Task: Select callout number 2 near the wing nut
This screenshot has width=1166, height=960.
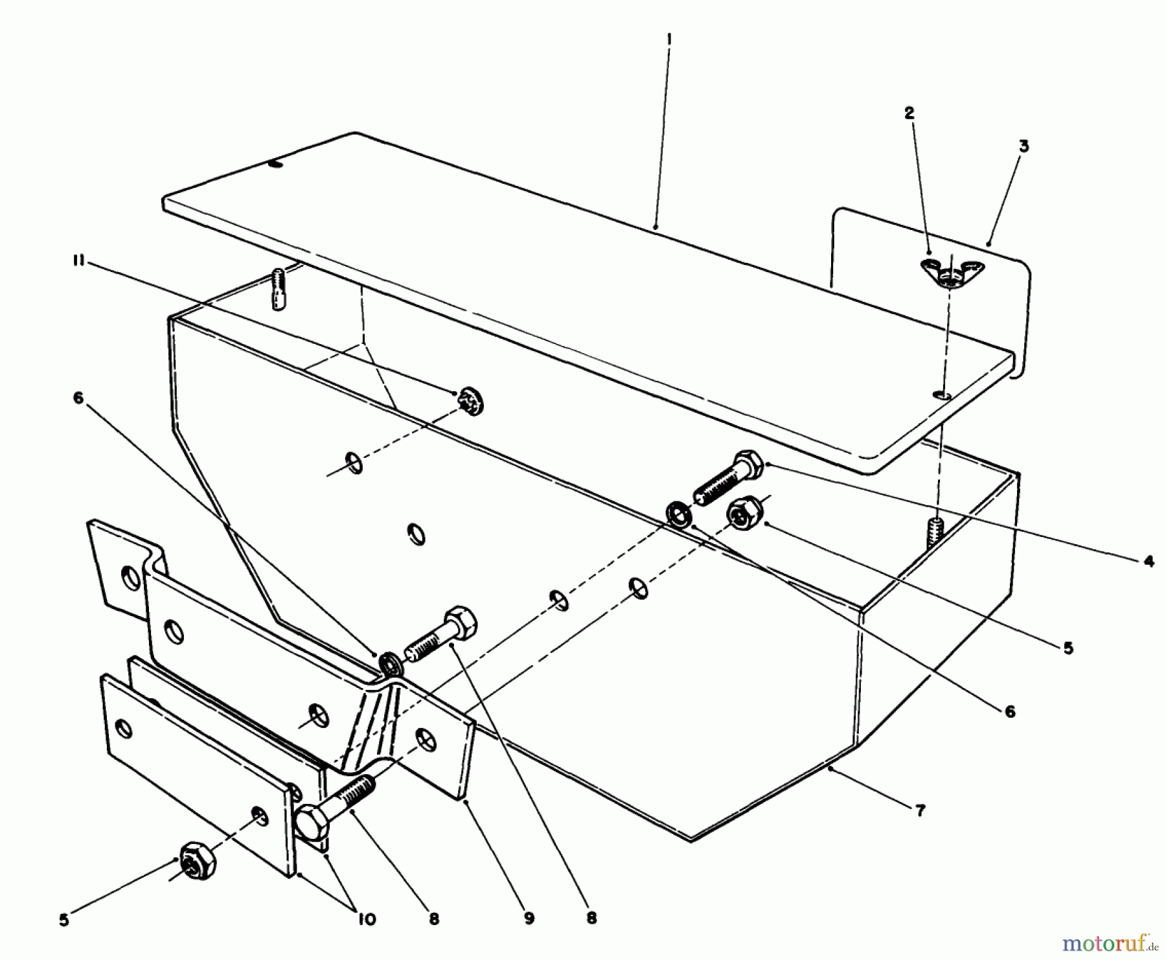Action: click(x=909, y=113)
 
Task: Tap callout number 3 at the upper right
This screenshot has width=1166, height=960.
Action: click(x=1023, y=146)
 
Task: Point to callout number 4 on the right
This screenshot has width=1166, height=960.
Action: click(x=1149, y=561)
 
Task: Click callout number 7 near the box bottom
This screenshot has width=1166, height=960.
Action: click(x=920, y=810)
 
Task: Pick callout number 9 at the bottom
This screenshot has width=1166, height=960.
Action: click(x=529, y=918)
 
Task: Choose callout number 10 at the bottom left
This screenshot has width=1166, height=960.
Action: click(x=367, y=920)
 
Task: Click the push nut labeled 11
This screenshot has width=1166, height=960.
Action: click(x=470, y=401)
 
